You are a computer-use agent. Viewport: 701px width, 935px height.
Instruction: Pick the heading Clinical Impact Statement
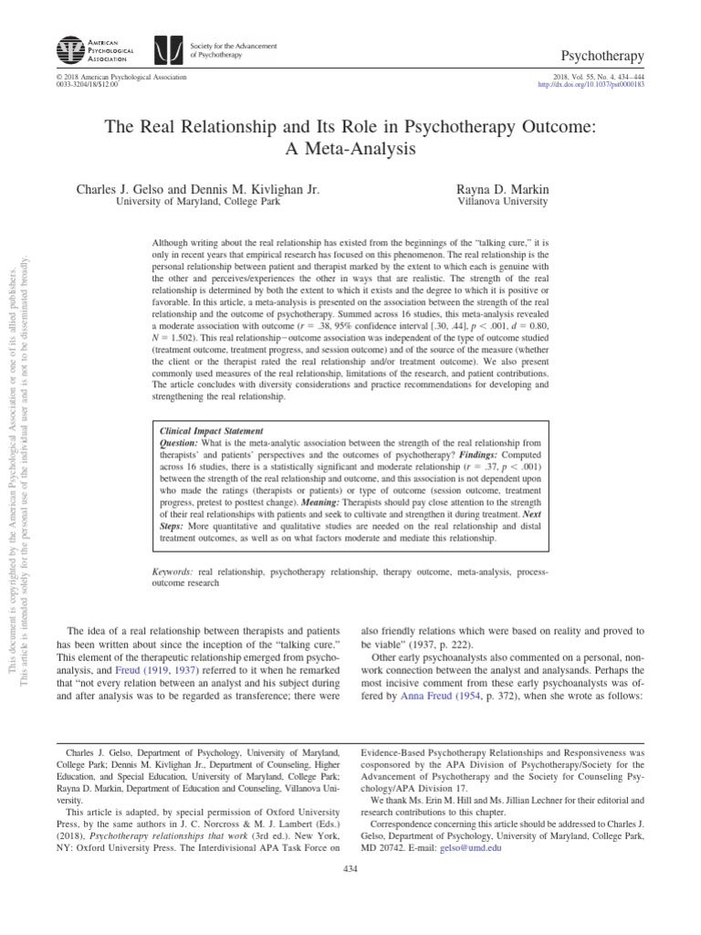coord(211,430)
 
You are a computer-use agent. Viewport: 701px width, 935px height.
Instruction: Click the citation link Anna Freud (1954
coord(438,696)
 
